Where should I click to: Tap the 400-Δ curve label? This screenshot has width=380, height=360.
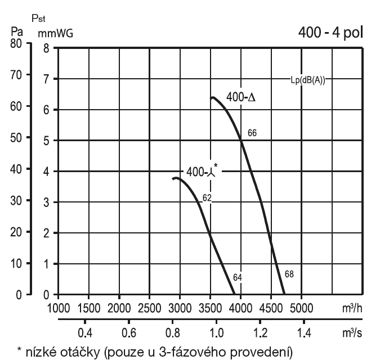pyautogui.click(x=241, y=97)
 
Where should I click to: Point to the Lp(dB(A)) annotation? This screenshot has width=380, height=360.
pyautogui.click(x=306, y=80)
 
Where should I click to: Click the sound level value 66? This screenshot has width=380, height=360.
pyautogui.click(x=252, y=133)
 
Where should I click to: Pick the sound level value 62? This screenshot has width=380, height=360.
pyautogui.click(x=207, y=197)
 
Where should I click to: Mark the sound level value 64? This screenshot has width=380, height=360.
pyautogui.click(x=237, y=277)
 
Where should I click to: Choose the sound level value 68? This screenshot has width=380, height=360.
pyautogui.click(x=289, y=274)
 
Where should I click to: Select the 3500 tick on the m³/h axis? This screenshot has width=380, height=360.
pyautogui.click(x=210, y=307)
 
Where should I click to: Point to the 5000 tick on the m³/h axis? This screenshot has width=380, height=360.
pyautogui.click(x=301, y=307)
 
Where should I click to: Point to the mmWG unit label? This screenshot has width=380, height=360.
pyautogui.click(x=55, y=33)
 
